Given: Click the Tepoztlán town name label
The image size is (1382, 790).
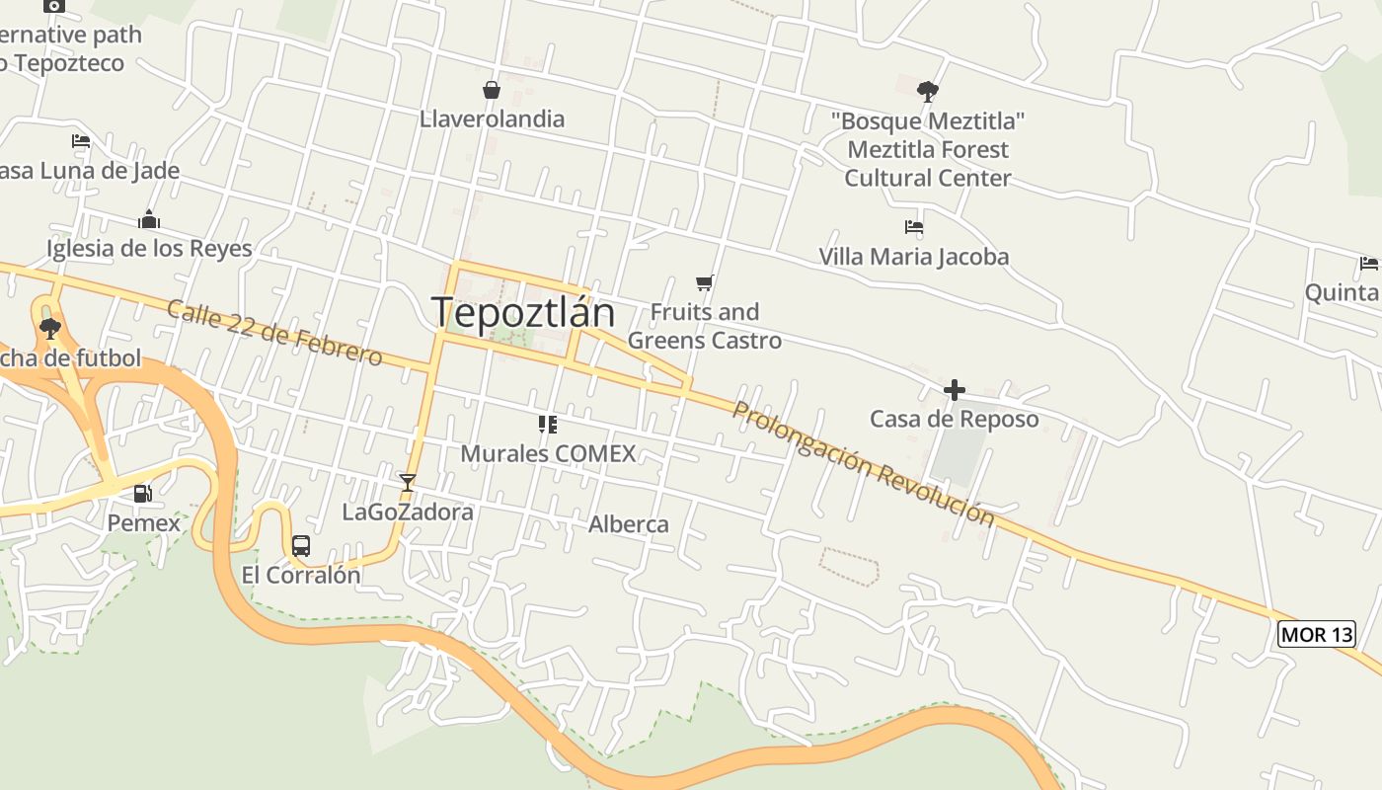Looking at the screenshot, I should point(523,313).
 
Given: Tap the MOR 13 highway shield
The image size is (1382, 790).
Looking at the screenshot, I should point(1316,634).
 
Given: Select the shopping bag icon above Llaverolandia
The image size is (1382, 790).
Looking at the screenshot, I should point(491,91).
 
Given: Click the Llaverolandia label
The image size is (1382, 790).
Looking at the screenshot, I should point(492,119).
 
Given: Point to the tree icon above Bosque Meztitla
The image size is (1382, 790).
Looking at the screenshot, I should point(927,92).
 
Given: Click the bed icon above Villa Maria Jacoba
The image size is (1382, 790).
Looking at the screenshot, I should point(914,227).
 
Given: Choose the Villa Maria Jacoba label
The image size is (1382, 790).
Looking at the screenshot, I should point(913,257).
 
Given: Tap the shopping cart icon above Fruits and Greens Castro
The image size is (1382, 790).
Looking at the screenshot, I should point(705,283).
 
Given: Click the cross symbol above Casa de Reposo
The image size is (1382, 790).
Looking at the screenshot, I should point(954,390).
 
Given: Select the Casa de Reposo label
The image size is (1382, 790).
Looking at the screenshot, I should point(954,419).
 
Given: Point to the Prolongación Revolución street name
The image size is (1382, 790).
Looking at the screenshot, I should point(863,463).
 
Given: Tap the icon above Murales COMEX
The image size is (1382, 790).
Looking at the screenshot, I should point(548,425).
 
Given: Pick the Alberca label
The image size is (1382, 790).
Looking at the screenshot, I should point(629,524).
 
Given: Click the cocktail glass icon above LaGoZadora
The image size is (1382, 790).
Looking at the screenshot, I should point(407,483).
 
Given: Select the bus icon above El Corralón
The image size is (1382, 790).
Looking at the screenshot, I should point(301,546).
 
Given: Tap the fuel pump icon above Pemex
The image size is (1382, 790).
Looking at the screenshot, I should point(143,493).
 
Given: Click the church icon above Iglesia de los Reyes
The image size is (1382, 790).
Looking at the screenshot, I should point(149,219).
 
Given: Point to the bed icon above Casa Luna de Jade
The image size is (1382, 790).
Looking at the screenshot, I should point(81,141).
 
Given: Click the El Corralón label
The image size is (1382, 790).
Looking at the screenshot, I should point(301,575).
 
